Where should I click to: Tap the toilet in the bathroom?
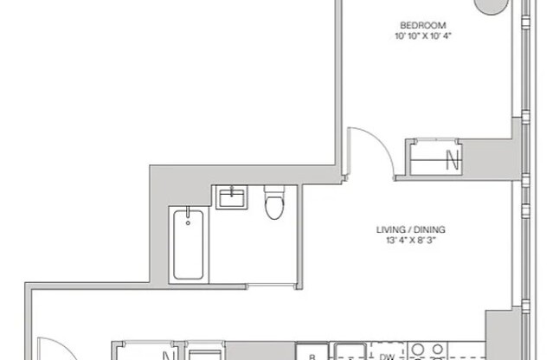pos(273,204)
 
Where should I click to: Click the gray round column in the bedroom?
pos(492,5)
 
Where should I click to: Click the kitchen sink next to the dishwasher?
pos(350,353)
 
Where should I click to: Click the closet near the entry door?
pos(147,353)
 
